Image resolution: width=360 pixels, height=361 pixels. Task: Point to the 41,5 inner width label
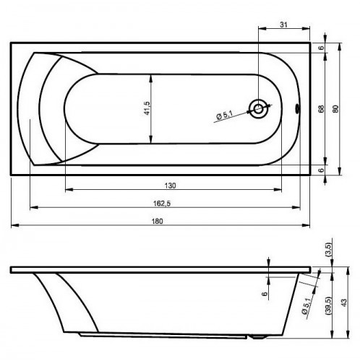point(146,108)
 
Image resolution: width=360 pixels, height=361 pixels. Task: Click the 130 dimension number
point(170,186)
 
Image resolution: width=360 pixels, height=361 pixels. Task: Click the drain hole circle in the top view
point(258,110)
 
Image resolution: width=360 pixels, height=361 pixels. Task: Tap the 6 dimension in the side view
point(266,293)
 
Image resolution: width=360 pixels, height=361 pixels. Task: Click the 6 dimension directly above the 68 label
point(321,48)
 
